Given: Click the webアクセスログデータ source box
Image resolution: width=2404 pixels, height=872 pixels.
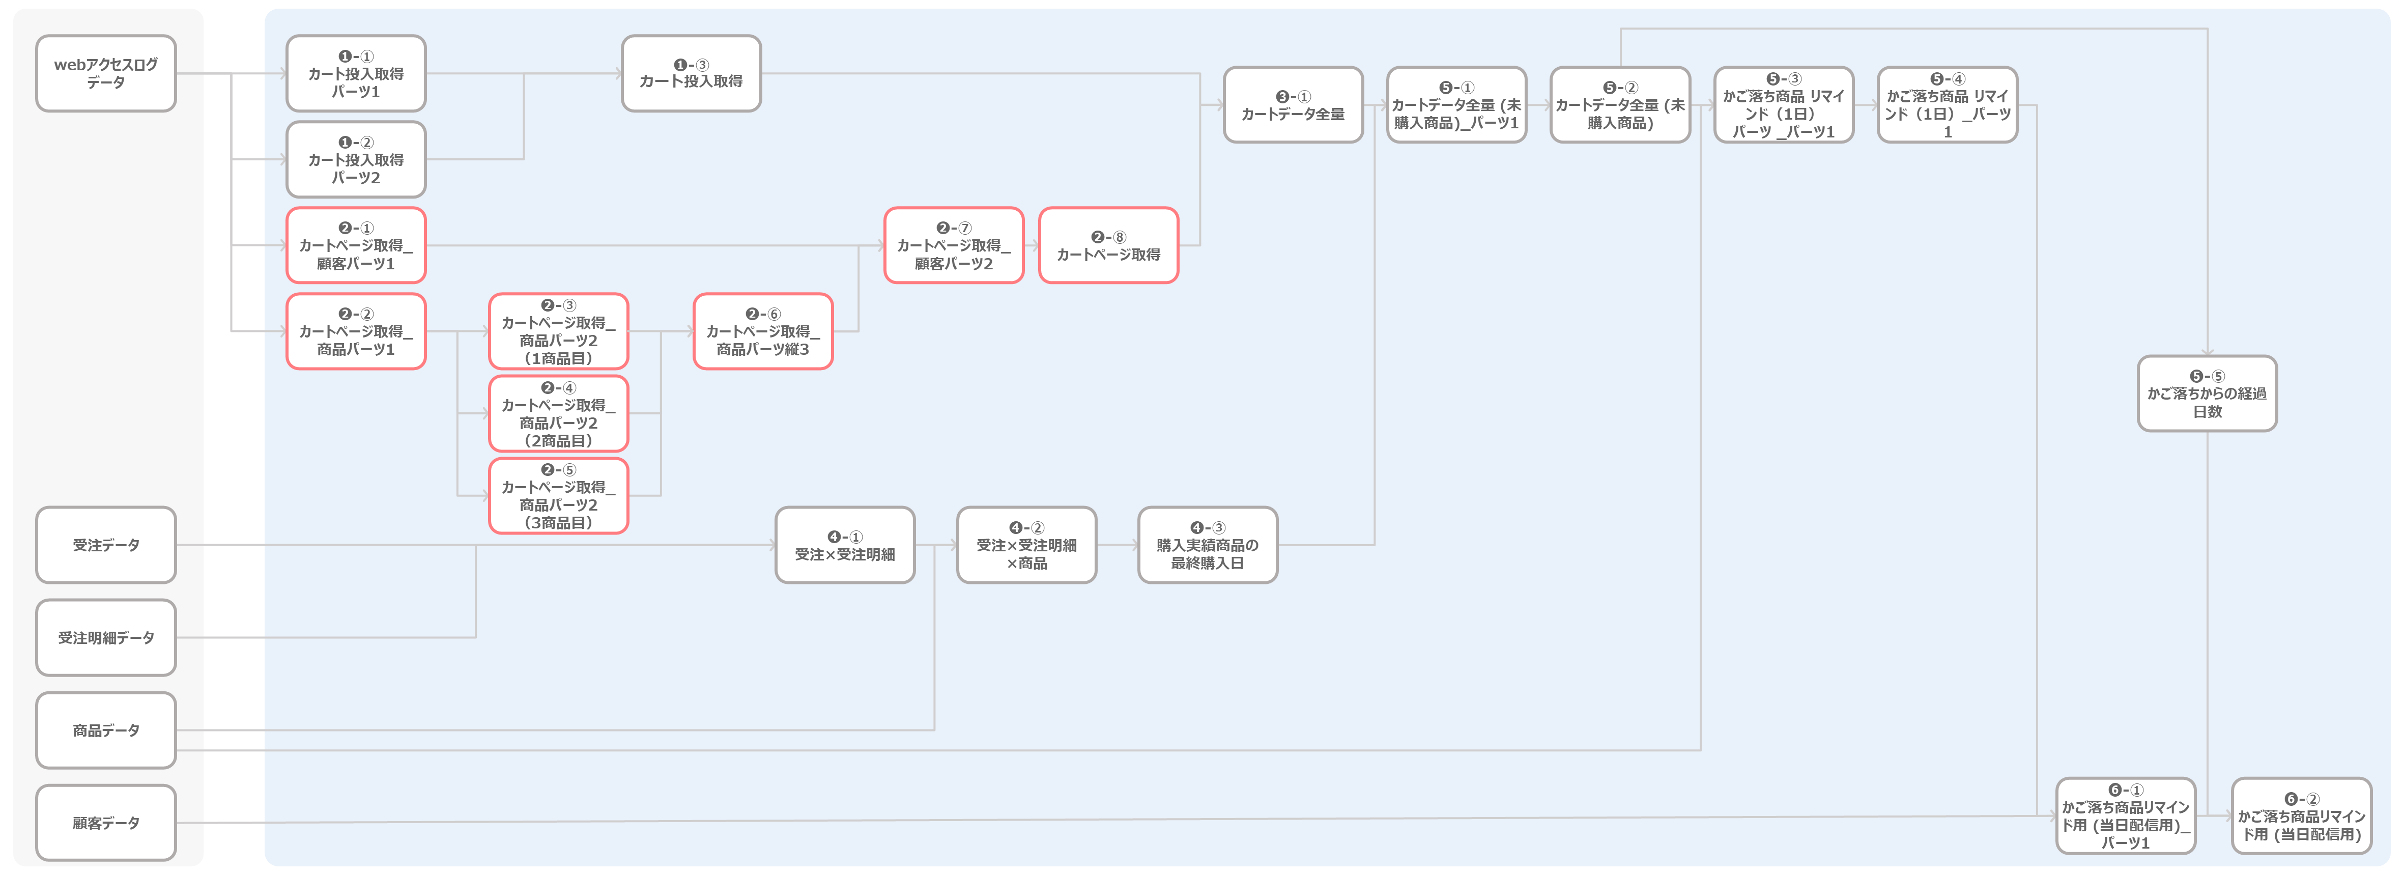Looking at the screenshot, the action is [x=105, y=74].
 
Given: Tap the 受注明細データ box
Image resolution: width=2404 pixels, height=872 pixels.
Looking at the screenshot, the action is [x=105, y=638].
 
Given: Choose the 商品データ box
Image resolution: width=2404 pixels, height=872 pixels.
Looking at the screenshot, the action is [x=105, y=730].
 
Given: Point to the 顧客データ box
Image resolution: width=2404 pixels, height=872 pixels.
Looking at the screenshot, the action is [x=105, y=823].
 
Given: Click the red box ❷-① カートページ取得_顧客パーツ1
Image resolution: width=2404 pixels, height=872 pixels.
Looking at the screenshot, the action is [x=356, y=245].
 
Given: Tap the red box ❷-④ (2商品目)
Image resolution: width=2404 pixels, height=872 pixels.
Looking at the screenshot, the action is [x=558, y=413].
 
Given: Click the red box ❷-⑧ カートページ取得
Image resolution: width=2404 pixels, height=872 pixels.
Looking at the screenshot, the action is [x=1109, y=245].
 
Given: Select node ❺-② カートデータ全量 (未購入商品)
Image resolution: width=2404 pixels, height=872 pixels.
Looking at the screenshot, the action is [x=1620, y=104].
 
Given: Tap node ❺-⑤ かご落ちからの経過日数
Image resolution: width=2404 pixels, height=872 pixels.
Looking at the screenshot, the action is [x=2207, y=393].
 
